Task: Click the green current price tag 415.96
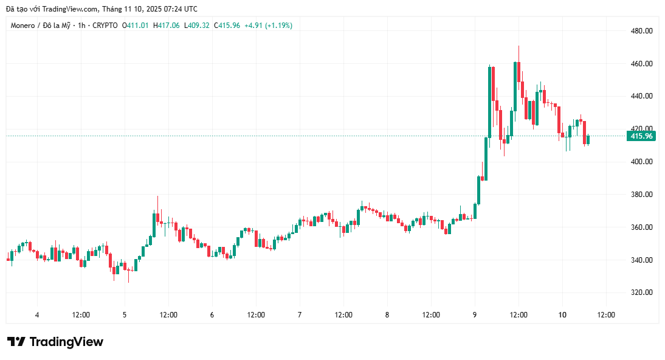tap(641, 136)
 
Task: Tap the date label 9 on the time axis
tap(475, 315)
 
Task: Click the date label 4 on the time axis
tap(37, 315)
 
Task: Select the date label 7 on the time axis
tap(300, 315)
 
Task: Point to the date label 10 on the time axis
tap(562, 315)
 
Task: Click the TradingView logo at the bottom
tap(55, 342)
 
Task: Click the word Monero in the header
tap(23, 26)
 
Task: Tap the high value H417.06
tap(166, 26)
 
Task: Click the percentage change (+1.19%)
tap(278, 26)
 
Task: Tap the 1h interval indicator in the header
tap(83, 26)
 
